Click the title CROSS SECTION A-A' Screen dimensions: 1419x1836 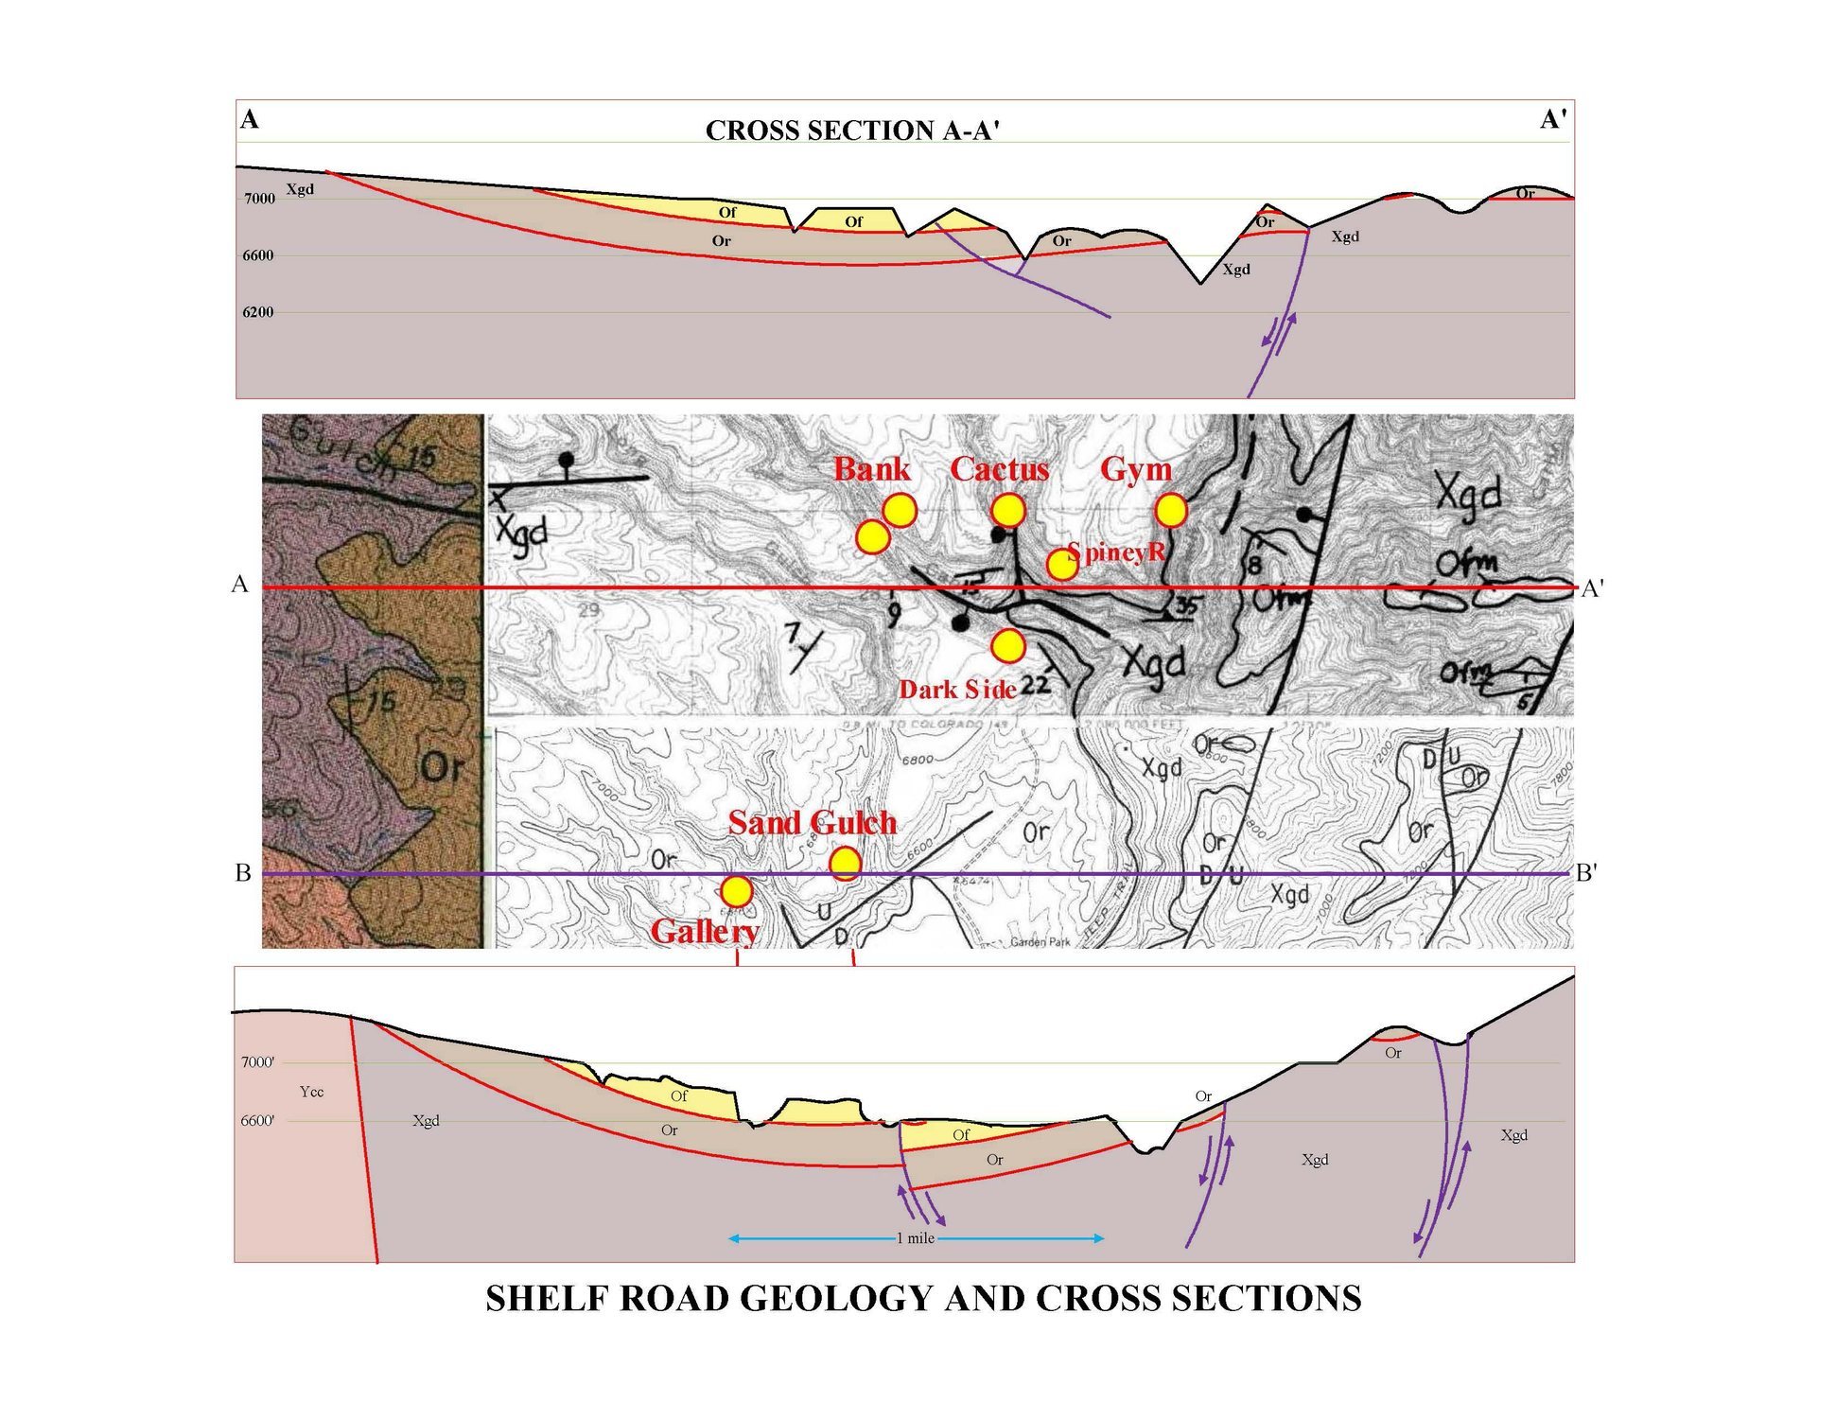pos(852,131)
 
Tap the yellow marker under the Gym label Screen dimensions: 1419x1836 pos(1171,511)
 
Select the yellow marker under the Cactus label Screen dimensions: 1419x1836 pos(1008,511)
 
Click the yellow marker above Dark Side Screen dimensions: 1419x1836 pos(1008,647)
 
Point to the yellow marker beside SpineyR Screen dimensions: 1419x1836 pos(1061,566)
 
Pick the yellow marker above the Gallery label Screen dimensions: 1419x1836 pos(737,891)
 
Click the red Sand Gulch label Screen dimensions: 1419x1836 pos(812,823)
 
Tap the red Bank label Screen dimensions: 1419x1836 pos(871,469)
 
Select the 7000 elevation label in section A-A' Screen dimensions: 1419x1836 pos(259,199)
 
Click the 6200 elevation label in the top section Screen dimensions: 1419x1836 pos(258,312)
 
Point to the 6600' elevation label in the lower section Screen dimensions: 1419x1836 pos(257,1121)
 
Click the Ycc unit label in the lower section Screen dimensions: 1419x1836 pos(311,1092)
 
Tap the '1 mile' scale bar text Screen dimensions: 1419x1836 pos(916,1238)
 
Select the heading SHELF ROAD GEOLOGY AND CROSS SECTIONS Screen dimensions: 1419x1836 pos(923,1299)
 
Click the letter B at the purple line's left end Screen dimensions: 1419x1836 pos(243,873)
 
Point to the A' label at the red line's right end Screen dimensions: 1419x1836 pos(1592,589)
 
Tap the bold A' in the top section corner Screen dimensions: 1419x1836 pos(1552,120)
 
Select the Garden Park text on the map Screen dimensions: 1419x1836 pos(1040,942)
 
